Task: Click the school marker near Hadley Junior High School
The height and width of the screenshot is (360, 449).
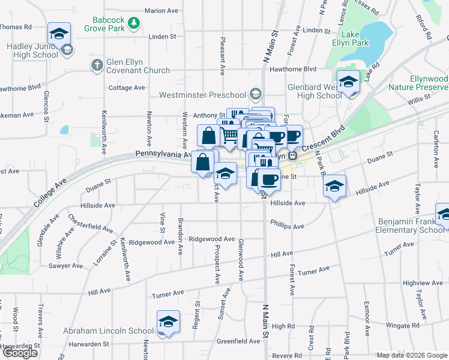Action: click(59, 34)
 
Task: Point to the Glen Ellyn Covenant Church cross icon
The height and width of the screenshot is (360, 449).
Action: click(97, 64)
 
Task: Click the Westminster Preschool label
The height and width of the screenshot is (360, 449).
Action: click(202, 95)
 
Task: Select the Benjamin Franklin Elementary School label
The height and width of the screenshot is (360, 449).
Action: click(411, 226)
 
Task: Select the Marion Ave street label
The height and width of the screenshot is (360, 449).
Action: click(162, 11)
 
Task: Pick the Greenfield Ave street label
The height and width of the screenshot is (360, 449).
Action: click(235, 341)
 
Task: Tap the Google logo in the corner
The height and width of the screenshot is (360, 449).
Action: click(20, 353)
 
